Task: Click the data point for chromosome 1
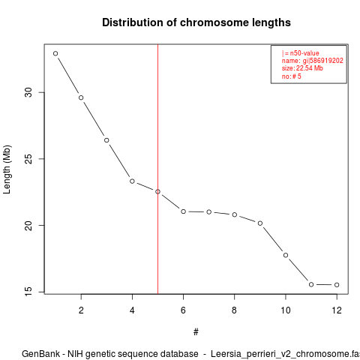(55, 53)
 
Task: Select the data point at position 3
(106, 140)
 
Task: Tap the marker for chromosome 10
(286, 255)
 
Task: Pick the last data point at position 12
(337, 285)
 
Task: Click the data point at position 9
(260, 223)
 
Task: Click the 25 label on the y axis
(28, 159)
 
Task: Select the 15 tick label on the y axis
(28, 292)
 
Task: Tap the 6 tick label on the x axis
(183, 310)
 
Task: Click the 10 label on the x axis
(286, 310)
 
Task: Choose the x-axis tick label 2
(81, 310)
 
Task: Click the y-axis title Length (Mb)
(7, 169)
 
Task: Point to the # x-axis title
(196, 332)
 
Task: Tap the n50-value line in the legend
(301, 53)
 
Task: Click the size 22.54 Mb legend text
(302, 68)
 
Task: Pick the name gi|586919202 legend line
(313, 61)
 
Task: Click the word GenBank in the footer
(40, 354)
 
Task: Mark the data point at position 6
(184, 211)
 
